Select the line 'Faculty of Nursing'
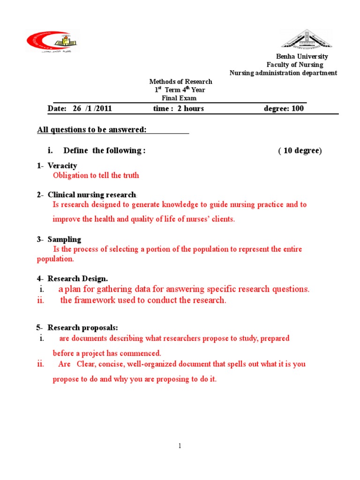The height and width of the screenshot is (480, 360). coord(295,65)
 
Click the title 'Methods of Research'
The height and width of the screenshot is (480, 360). coord(180,82)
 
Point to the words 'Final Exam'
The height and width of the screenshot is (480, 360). coord(179,98)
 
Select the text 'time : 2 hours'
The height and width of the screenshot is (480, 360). coord(179,109)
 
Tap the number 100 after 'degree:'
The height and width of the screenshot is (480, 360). coord(297,109)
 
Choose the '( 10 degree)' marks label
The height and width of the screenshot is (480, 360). coord(300,150)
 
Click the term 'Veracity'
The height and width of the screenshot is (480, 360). coord(62,165)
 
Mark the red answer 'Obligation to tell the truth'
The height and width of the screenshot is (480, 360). coord(96,175)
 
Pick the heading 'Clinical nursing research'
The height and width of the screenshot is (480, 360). coord(91,195)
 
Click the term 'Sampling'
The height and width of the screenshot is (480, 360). coord(64,239)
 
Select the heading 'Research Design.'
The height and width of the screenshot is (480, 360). coord(78,278)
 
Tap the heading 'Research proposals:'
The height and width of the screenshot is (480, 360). coord(82,327)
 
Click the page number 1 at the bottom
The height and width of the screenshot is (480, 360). coord(180,446)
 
